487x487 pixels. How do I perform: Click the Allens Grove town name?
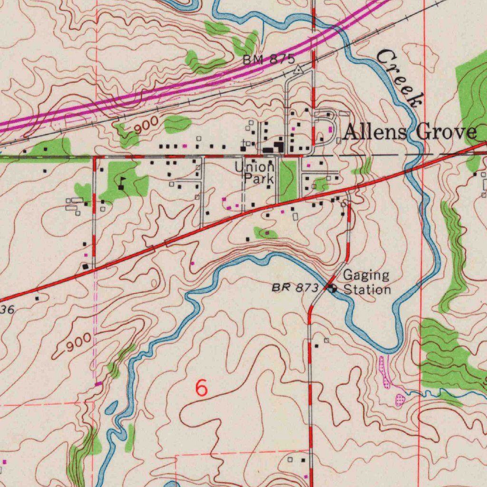pyautogui.click(x=410, y=132)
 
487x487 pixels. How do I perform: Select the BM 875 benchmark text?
pyautogui.click(x=269, y=60)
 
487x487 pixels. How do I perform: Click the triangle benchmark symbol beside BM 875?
pyautogui.click(x=298, y=70)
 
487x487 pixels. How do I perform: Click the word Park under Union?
pyautogui.click(x=259, y=179)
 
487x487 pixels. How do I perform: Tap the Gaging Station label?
pyautogui.click(x=367, y=282)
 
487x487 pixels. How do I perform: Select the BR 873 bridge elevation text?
pyautogui.click(x=295, y=288)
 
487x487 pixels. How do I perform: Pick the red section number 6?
pyautogui.click(x=202, y=388)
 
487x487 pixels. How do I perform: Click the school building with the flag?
pyautogui.click(x=121, y=186)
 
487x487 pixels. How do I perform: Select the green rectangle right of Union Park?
pyautogui.click(x=287, y=180)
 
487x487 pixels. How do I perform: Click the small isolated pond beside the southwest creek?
pyautogui.click(x=111, y=408)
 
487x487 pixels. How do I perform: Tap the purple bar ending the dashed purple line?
pyautogui.click(x=98, y=383)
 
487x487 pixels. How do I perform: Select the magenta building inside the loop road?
pyautogui.click(x=330, y=129)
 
